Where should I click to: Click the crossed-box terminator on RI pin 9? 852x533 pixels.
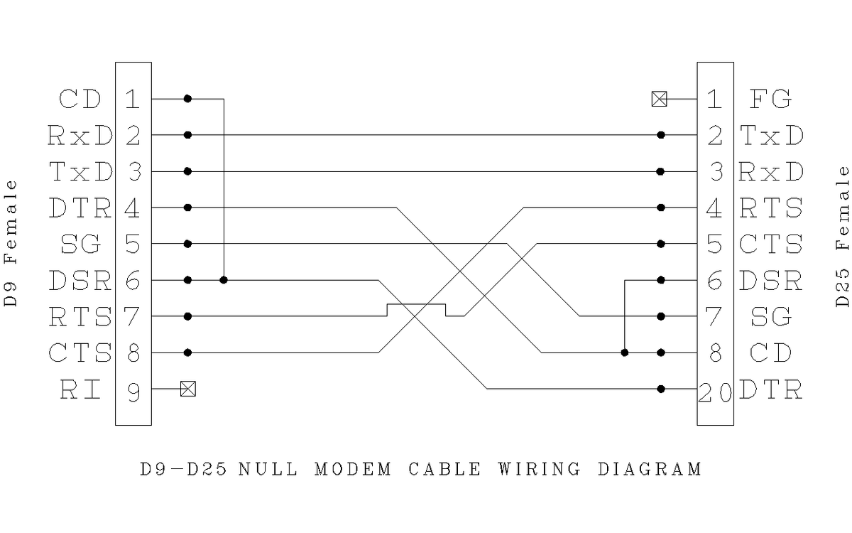point(187,389)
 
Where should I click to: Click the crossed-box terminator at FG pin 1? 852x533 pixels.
point(660,99)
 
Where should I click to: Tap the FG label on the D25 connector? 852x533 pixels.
point(770,99)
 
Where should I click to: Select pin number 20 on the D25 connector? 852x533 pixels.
point(714,390)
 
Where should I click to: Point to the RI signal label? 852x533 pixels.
point(80,389)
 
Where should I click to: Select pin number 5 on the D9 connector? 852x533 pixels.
point(133,244)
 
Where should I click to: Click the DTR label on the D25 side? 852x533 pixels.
point(771,390)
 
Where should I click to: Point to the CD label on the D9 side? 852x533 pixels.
point(80,99)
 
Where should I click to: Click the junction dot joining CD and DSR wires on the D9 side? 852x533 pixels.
point(224,280)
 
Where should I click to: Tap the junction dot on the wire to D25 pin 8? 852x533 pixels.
point(624,352)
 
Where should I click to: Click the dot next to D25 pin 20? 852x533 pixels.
point(661,389)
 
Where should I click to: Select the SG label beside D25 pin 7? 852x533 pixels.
point(770,317)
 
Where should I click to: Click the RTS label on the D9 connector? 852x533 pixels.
point(80,316)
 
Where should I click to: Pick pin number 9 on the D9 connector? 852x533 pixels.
point(133,390)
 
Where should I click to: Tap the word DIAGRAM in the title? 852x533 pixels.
point(650,469)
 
